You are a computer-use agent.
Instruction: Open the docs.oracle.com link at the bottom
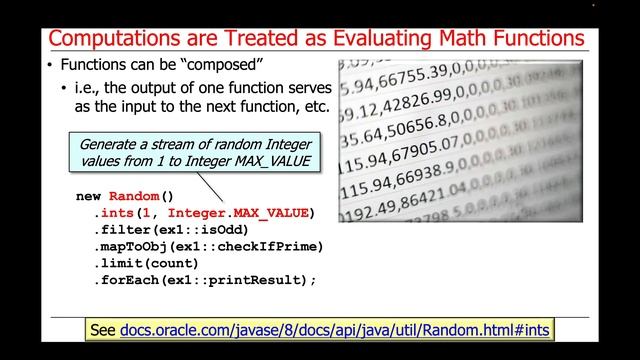pyautogui.click(x=336, y=329)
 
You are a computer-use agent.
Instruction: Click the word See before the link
pyautogui.click(x=103, y=329)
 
